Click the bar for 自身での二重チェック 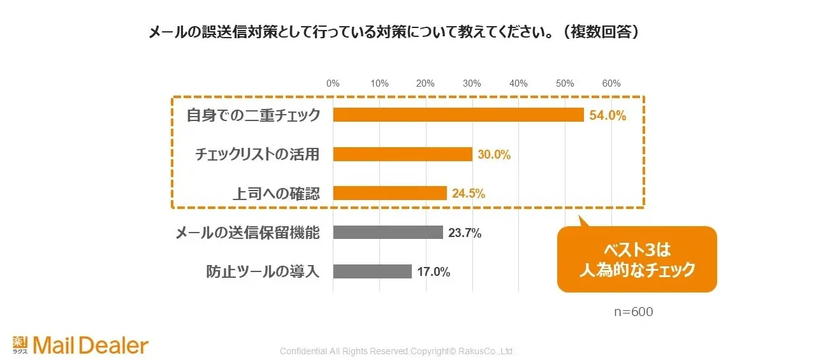pyautogui.click(x=458, y=115)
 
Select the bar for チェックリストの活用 pyautogui.click(x=402, y=154)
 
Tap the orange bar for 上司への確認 pyautogui.click(x=390, y=193)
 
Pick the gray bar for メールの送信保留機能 pyautogui.click(x=388, y=233)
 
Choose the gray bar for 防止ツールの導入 pyautogui.click(x=372, y=271)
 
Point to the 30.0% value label pyautogui.click(x=495, y=155)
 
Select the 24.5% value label pyautogui.click(x=469, y=194)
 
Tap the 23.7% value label pyautogui.click(x=465, y=233)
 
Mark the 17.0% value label pyautogui.click(x=434, y=272)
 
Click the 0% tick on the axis pyautogui.click(x=333, y=83)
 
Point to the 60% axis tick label pyautogui.click(x=611, y=83)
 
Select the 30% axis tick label pyautogui.click(x=472, y=83)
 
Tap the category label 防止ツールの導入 pyautogui.click(x=263, y=271)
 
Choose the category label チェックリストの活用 pyautogui.click(x=256, y=154)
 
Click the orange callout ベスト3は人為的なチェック pyautogui.click(x=637, y=259)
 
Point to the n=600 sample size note pyautogui.click(x=633, y=312)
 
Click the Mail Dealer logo pyautogui.click(x=80, y=345)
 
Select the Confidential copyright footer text pyautogui.click(x=397, y=351)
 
